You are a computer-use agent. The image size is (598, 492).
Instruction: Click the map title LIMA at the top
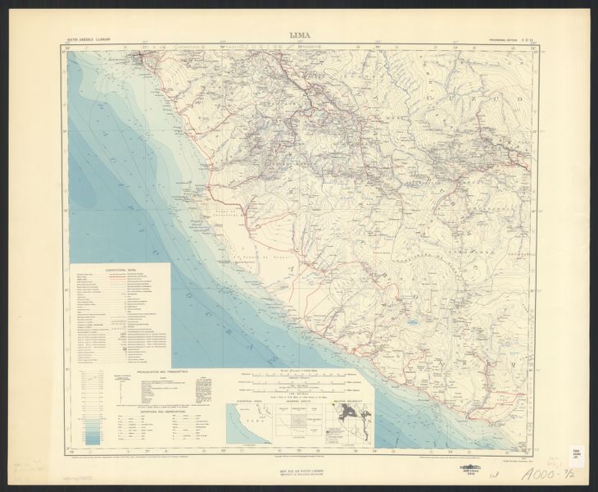(x=299, y=34)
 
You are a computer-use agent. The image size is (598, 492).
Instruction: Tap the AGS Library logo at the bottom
(x=489, y=474)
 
